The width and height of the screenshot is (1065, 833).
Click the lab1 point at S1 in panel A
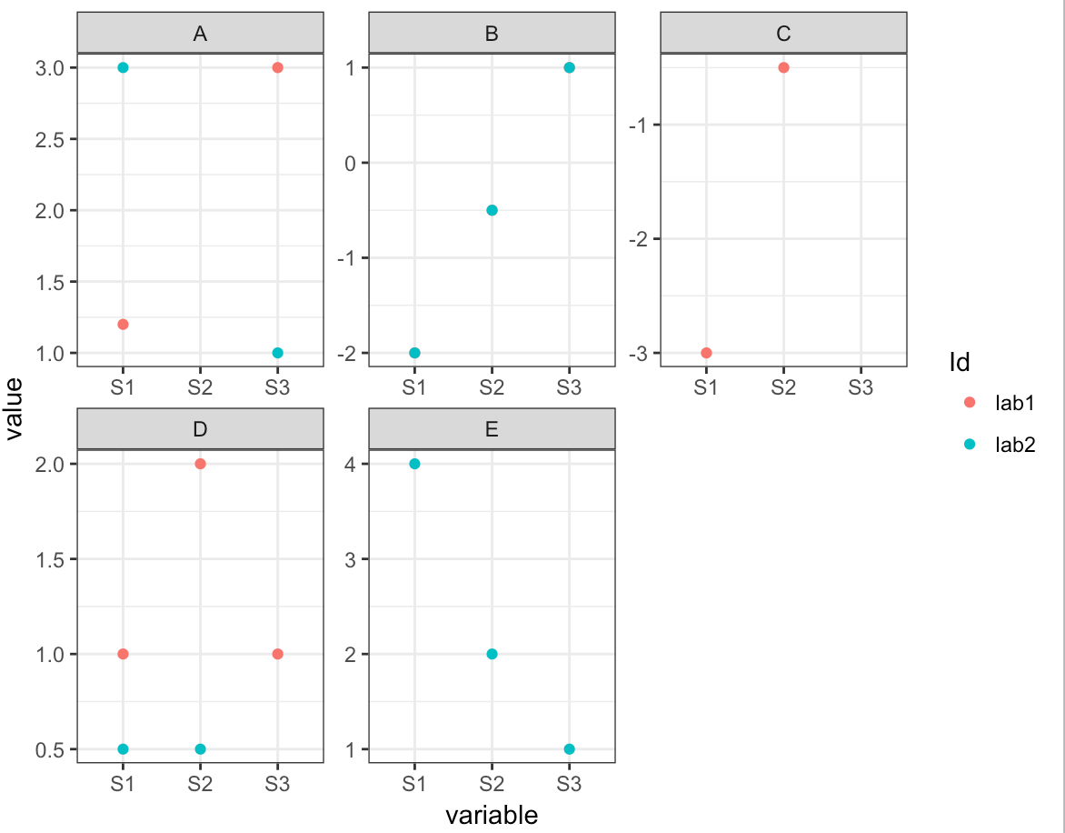[123, 324]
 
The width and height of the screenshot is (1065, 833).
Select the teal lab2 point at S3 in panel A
[278, 353]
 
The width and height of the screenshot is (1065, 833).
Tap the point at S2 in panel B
[492, 210]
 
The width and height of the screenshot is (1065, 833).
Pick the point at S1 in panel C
[706, 353]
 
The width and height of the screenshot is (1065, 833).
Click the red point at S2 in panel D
[201, 464]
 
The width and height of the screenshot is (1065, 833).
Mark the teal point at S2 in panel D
[201, 749]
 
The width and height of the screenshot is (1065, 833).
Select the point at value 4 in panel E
[414, 464]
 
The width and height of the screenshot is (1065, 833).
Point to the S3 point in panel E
[570, 749]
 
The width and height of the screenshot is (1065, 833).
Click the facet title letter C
[783, 35]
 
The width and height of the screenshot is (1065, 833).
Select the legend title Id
[959, 362]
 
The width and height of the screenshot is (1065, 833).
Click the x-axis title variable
[492, 815]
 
